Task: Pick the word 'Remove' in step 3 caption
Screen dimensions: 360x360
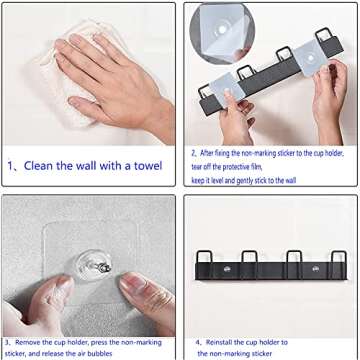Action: tap(32, 340)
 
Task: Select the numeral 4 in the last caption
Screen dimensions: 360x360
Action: tap(198, 340)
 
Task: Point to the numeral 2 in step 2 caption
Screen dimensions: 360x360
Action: tap(191, 153)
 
